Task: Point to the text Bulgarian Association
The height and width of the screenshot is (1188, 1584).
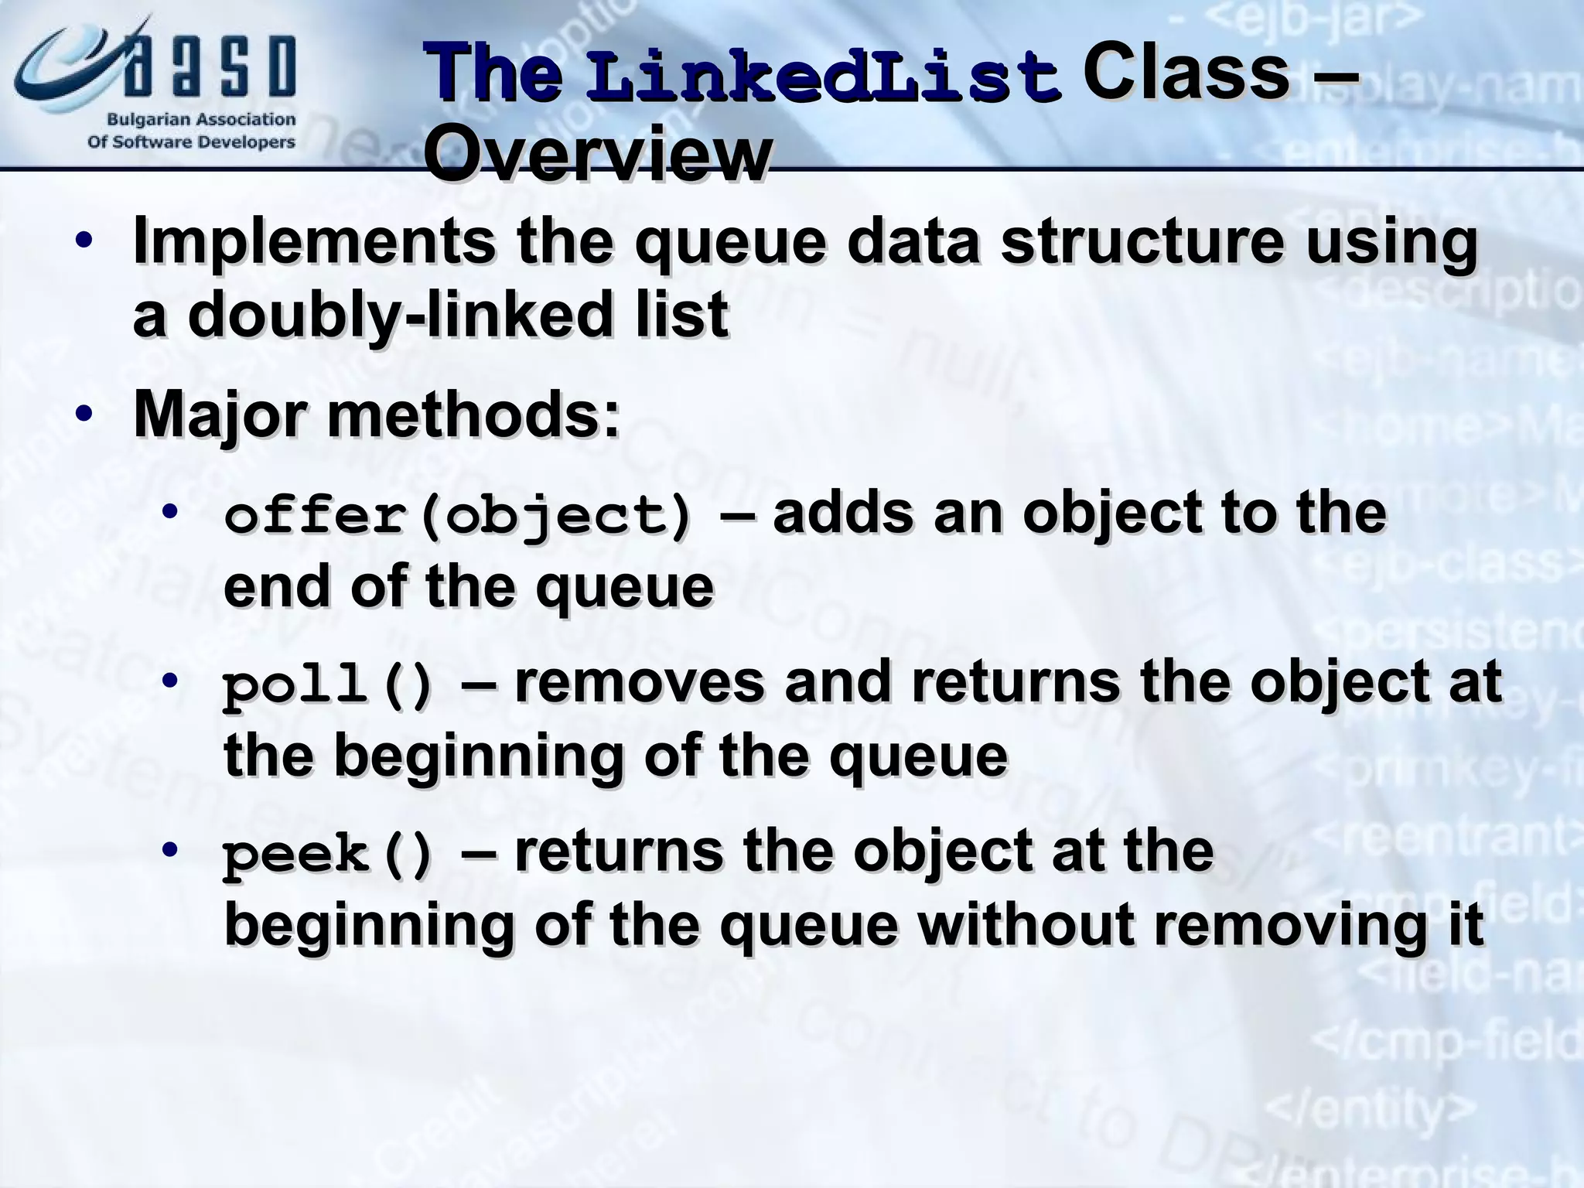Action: (201, 120)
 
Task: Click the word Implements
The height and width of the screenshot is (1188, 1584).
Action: (314, 241)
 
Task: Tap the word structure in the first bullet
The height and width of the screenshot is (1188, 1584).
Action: (1141, 241)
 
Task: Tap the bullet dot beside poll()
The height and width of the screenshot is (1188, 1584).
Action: (171, 681)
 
